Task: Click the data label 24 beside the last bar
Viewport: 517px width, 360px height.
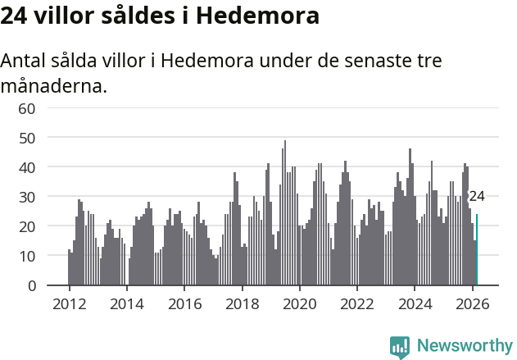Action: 476,197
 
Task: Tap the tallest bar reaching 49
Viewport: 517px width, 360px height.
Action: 285,213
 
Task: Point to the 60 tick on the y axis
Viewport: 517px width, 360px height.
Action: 27,108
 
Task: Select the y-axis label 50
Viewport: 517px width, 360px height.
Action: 27,138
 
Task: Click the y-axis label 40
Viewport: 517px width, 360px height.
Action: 27,167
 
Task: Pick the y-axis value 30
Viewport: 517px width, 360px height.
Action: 27,197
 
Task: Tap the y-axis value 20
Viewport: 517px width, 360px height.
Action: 27,226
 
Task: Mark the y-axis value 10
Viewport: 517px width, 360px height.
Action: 27,256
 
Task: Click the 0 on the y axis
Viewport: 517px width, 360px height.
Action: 31,285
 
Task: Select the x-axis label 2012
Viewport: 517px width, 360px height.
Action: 69,303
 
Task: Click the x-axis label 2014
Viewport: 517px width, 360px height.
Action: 126,303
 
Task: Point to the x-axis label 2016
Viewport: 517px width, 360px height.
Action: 184,303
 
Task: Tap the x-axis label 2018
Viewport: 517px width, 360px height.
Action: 242,303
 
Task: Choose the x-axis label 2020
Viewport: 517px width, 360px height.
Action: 300,303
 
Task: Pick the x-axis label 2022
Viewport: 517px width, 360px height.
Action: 357,303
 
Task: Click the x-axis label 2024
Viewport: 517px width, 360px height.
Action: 415,303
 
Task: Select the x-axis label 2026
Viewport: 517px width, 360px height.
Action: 473,303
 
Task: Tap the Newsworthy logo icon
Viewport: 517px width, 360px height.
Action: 400,347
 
